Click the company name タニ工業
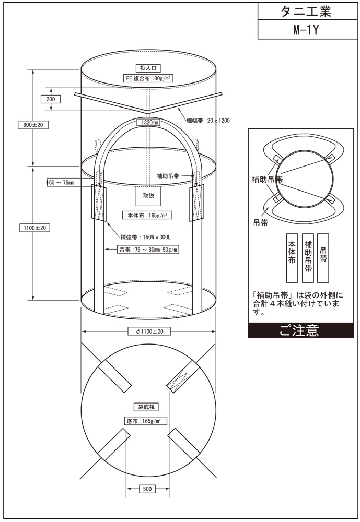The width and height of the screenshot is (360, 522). pos(307,11)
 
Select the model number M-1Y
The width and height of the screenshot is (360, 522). pos(307,30)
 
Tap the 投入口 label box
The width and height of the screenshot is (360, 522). pos(149,68)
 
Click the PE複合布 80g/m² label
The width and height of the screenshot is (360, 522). pos(149,79)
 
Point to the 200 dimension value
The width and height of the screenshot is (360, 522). pos(51,99)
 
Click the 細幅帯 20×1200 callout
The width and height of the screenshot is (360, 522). pos(207,120)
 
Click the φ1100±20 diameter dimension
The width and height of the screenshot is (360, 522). pos(149,331)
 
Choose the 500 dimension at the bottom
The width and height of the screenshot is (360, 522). pos(148,489)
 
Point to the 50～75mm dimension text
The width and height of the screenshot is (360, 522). pos(61,183)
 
